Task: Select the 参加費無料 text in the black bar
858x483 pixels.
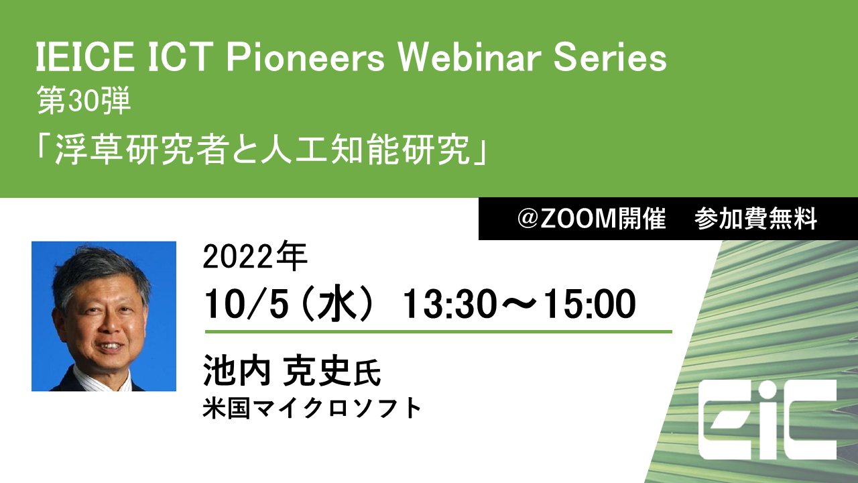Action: point(756,219)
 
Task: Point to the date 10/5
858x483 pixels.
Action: point(245,305)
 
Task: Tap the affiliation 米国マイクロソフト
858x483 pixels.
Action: point(312,408)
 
